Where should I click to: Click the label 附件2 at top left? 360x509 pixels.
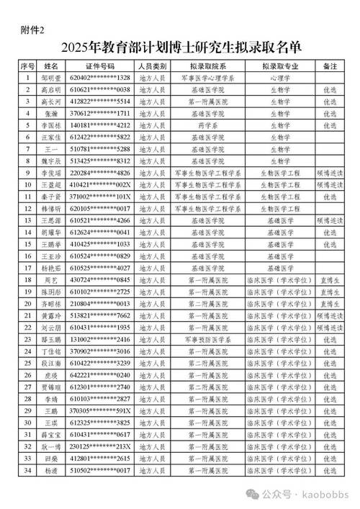[32, 30]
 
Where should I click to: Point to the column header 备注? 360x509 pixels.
[330, 65]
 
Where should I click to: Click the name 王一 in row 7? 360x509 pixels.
[50, 148]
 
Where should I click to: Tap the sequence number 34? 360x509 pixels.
[27, 470]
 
